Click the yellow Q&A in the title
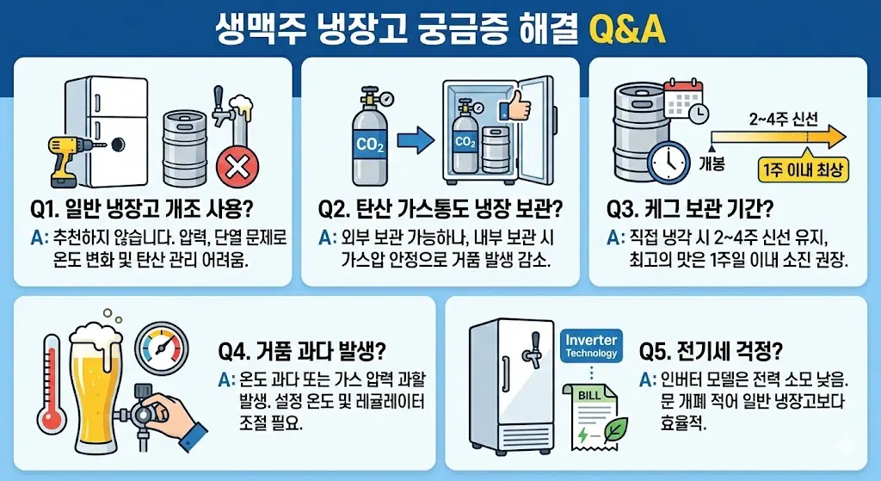click(x=626, y=28)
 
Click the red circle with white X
click(x=237, y=167)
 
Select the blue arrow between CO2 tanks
click(x=416, y=140)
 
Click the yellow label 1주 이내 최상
click(x=803, y=170)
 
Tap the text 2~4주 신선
click(x=783, y=120)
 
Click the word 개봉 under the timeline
click(x=712, y=163)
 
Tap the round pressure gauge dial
click(x=162, y=348)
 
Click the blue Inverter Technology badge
click(x=591, y=346)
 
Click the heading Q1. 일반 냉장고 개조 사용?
click(x=142, y=209)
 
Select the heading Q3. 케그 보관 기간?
click(x=689, y=209)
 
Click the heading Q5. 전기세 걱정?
click(x=711, y=351)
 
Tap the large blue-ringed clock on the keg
click(x=668, y=163)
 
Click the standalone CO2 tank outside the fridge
click(x=369, y=137)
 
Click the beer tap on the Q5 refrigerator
click(x=531, y=348)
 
